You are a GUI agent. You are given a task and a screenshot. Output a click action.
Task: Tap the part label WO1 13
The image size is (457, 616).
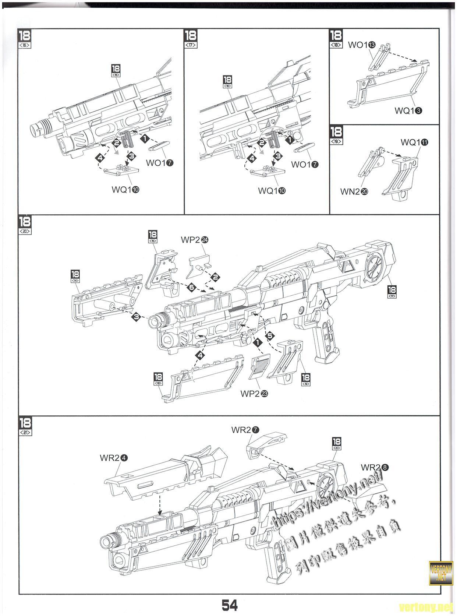pos(362,45)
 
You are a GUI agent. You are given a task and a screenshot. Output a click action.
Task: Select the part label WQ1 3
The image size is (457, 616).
pos(408,110)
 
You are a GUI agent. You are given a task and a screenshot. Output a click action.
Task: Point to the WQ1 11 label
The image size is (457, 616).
pos(414,142)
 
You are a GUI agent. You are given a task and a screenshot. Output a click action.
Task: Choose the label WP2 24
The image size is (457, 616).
pos(195,240)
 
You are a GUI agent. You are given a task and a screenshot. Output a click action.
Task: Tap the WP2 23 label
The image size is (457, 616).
pos(254,393)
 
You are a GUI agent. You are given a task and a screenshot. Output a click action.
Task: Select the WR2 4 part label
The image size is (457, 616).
pos(114,458)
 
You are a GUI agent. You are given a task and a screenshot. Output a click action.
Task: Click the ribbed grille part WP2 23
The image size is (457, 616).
pos(260,367)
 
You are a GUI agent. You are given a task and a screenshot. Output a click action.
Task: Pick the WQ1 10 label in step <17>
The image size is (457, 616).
pos(272,191)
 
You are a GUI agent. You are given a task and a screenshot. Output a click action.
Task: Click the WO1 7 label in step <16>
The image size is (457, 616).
pos(159,163)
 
